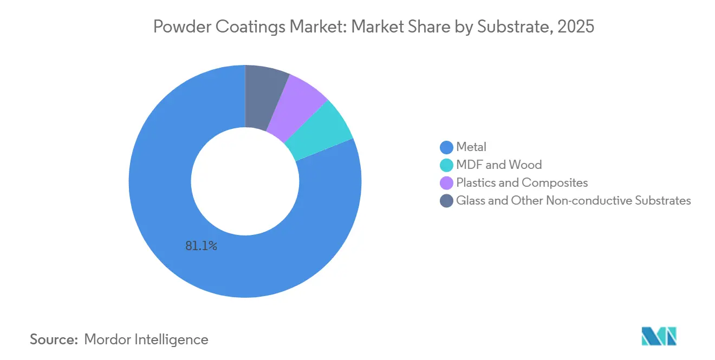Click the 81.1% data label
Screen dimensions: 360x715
pos(201,246)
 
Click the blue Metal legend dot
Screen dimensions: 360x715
pos(446,147)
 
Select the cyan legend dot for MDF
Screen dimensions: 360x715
pos(446,165)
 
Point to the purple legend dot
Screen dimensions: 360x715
pos(446,183)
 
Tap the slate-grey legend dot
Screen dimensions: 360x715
pos(446,201)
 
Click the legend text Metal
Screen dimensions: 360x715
pos(471,147)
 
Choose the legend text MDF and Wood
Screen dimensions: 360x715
pos(498,165)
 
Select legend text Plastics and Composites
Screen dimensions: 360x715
pos(522,183)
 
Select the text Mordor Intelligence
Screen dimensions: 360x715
pos(146,339)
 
